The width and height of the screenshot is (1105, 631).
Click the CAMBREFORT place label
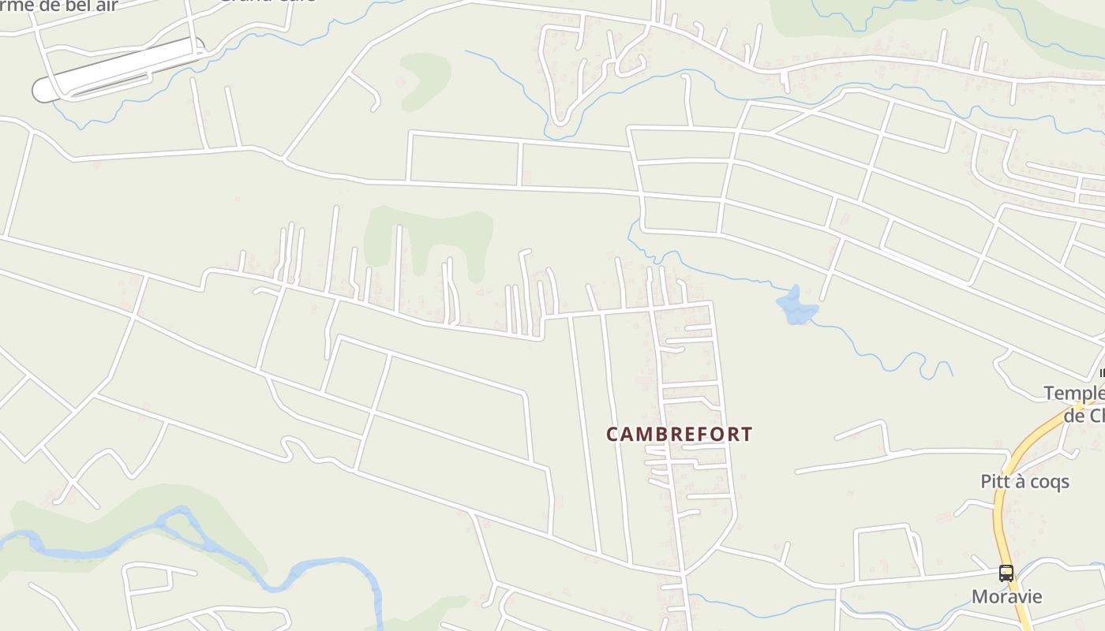pyautogui.click(x=679, y=434)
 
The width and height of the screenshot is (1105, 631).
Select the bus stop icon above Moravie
pyautogui.click(x=1006, y=573)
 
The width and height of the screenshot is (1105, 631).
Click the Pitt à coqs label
pyautogui.click(x=1024, y=481)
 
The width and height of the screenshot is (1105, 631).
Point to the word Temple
pyautogui.click(x=1074, y=393)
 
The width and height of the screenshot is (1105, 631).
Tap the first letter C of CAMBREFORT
pyautogui.click(x=612, y=434)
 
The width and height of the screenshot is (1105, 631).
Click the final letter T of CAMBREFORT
pyautogui.click(x=746, y=434)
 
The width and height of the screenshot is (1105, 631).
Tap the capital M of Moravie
pyautogui.click(x=980, y=596)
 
